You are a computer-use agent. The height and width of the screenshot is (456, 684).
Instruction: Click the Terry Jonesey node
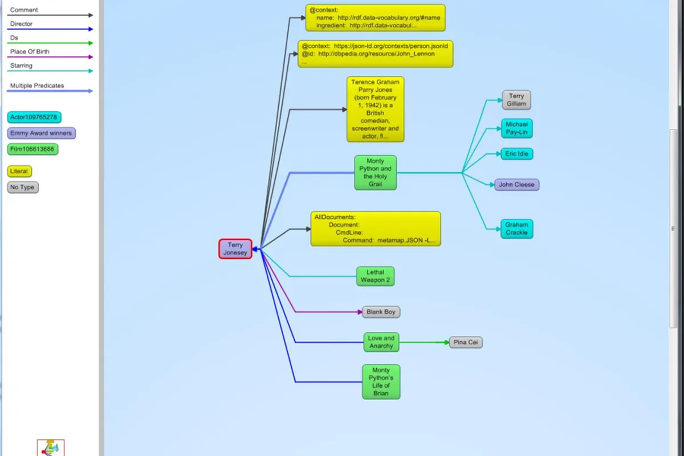pos(235,249)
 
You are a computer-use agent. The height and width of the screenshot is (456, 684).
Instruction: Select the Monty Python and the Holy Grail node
pos(375,173)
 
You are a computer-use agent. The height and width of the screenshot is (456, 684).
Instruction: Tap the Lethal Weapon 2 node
pos(375,276)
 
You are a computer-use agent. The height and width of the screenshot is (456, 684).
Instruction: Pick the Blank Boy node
pos(381,312)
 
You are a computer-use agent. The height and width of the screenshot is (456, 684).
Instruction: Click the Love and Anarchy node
pos(381,342)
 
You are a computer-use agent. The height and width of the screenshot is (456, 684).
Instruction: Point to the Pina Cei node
pos(466,342)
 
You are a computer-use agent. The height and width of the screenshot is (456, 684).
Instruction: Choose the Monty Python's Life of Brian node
pos(381,382)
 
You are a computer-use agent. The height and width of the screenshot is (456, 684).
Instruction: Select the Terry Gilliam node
pos(516,100)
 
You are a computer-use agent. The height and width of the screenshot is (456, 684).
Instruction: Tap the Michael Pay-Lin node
pos(516,128)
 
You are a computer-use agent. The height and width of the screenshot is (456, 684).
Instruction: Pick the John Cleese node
pos(516,185)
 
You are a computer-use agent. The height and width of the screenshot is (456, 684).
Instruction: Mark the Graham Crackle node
pos(516,229)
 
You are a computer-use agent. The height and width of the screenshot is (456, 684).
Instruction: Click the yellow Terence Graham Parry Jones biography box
pos(375,109)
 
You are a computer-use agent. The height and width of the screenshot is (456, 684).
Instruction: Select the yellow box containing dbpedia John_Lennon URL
pos(375,54)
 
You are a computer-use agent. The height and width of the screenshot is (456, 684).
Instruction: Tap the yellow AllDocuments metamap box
pos(375,229)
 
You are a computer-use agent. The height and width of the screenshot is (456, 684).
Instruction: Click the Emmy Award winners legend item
pos(41,133)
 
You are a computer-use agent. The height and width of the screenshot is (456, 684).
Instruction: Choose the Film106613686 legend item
pos(33,149)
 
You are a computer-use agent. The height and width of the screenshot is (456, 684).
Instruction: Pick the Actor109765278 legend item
pos(34,117)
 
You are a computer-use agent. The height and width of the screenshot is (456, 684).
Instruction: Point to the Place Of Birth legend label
pos(30,52)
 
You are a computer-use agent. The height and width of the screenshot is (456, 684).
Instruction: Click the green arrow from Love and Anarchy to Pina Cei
pos(424,342)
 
